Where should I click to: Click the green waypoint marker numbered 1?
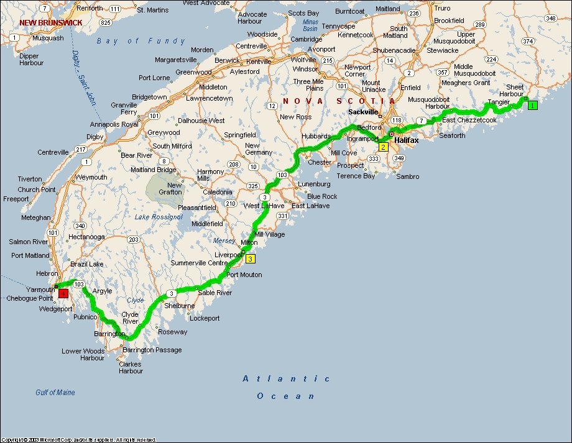[533, 106]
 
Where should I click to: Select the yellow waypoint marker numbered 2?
[384, 147]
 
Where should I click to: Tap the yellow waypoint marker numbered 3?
[250, 259]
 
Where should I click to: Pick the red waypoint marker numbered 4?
[63, 293]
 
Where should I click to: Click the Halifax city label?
[407, 140]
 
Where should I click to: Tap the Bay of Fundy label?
[141, 41]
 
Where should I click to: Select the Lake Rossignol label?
[159, 217]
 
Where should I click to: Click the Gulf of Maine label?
[55, 392]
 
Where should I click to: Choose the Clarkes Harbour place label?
[131, 367]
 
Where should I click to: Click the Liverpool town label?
[227, 255]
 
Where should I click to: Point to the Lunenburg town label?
[314, 185]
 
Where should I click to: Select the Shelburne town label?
[179, 306]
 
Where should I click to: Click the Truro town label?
[441, 8]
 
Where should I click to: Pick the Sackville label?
[363, 112]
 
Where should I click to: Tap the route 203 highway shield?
[132, 239]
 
